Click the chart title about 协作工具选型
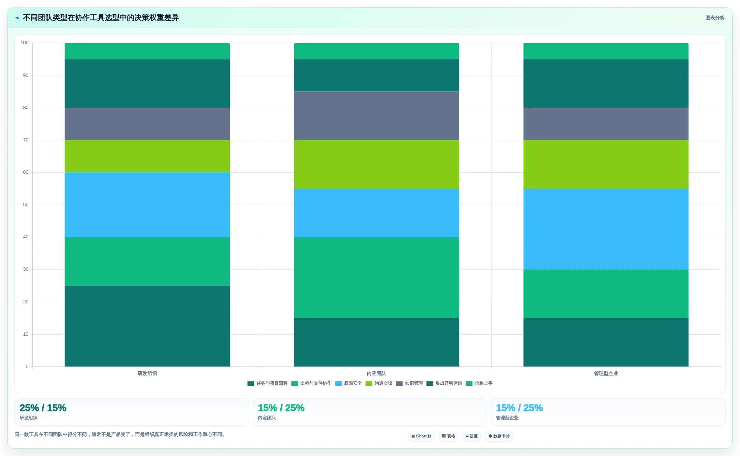point(101,18)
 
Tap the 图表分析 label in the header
point(715,18)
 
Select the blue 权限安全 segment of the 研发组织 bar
point(147,205)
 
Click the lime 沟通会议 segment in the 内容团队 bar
point(376,164)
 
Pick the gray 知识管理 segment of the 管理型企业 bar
point(606,124)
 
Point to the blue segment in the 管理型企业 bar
point(606,229)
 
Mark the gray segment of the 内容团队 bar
point(376,115)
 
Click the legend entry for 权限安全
point(348,384)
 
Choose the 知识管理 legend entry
point(409,384)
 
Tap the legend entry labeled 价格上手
point(479,384)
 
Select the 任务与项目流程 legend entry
point(267,384)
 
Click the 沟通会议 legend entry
point(379,384)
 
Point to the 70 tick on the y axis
point(26,140)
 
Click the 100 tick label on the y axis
point(25,43)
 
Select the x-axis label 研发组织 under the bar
point(147,374)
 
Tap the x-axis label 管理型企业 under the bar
point(606,374)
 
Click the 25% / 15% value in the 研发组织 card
point(43,408)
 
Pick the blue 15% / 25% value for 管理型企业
point(519,408)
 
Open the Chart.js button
point(421,436)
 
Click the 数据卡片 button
point(499,436)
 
